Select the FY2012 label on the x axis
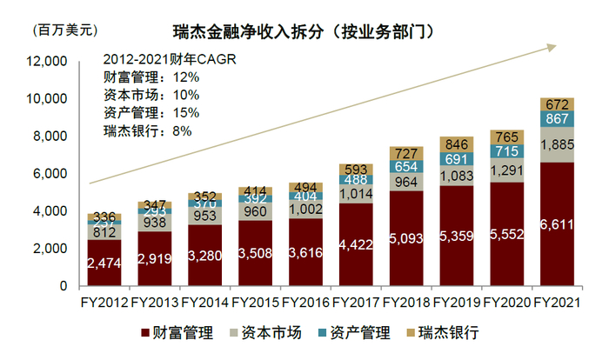(x=104, y=303)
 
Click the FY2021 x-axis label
(x=556, y=303)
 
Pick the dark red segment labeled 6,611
(x=557, y=223)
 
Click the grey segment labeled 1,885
(x=557, y=144)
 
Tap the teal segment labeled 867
(x=557, y=118)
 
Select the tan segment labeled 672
(x=557, y=103)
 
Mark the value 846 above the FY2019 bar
(x=456, y=144)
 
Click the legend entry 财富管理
(x=178, y=332)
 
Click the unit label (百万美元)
(x=65, y=31)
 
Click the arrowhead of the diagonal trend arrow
(x=552, y=46)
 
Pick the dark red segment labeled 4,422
(x=355, y=243)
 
